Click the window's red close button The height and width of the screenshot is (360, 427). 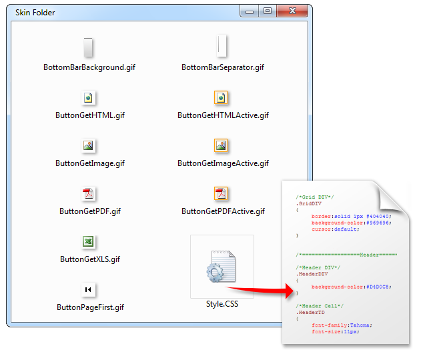click(x=292, y=11)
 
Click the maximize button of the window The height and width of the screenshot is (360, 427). click(x=268, y=11)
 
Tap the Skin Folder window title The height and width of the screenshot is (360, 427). click(x=35, y=13)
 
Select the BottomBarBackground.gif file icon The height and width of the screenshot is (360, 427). click(x=88, y=47)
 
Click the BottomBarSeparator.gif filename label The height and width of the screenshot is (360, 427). click(x=223, y=67)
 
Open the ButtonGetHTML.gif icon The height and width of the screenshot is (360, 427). click(x=88, y=98)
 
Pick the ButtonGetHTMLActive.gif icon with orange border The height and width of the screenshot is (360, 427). click(x=221, y=98)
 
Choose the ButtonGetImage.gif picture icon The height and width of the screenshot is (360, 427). click(x=88, y=145)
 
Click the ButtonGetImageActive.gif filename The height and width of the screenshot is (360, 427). click(x=223, y=163)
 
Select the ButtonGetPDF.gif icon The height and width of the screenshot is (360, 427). click(x=88, y=194)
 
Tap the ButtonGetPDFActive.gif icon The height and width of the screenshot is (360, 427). click(x=221, y=194)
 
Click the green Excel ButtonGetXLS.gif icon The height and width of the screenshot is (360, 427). click(x=88, y=241)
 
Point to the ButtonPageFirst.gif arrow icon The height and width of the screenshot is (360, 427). click(x=88, y=289)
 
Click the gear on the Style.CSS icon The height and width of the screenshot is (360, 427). click(x=215, y=273)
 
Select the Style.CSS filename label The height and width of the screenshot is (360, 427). click(x=222, y=304)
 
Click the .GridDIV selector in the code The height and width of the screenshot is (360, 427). click(x=309, y=203)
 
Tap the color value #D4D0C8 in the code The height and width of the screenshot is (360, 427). click(x=378, y=287)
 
